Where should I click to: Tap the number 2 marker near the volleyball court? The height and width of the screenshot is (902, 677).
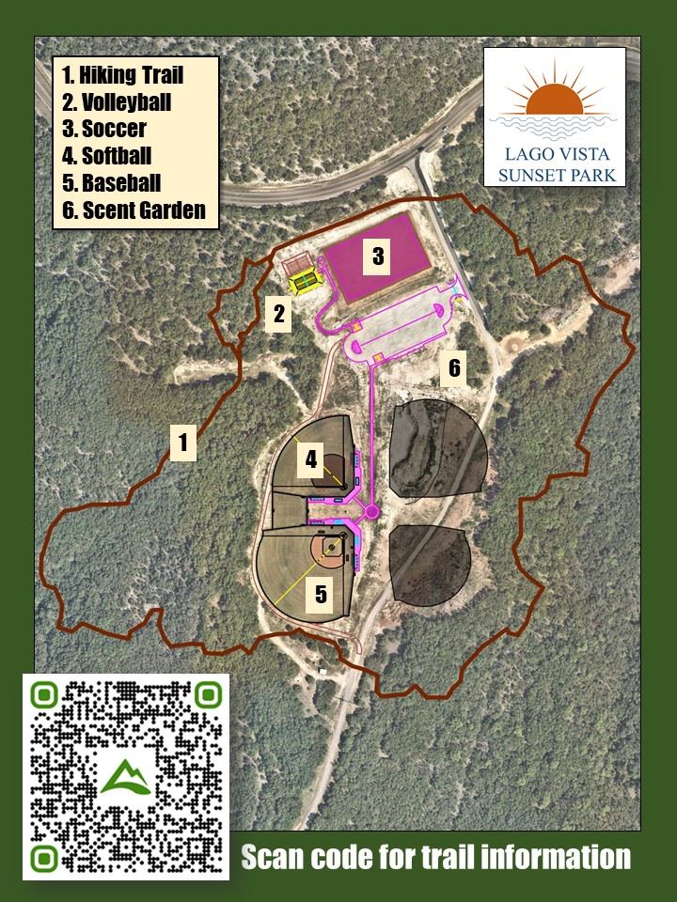coord(278,314)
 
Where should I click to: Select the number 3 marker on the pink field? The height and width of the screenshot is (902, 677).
coord(377,256)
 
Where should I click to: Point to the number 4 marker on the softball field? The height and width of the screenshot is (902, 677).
coord(312,460)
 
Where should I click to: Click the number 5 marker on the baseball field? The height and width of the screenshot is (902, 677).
coord(321,594)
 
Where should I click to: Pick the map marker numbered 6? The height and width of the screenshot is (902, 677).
coord(454,367)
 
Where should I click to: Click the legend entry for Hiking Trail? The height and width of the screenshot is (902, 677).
coord(123,74)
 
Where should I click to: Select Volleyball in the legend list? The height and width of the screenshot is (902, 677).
coord(117,101)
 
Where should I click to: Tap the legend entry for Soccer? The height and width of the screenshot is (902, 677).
coord(104,129)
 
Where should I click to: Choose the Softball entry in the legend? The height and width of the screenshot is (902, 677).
coord(107,156)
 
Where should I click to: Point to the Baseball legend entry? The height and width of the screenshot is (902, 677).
coord(112,183)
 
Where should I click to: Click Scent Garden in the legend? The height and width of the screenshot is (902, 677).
coord(134,210)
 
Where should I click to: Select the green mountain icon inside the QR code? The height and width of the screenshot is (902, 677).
coord(124,777)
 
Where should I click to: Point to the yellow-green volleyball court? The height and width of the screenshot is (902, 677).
coord(304,280)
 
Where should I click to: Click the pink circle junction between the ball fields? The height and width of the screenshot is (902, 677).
coord(371,511)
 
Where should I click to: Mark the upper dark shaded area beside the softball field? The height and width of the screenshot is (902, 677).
coord(438,448)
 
